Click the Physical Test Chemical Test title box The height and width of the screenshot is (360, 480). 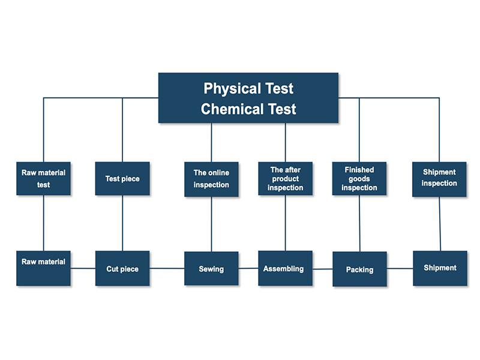[x=248, y=98]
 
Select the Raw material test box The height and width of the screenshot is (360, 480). [x=44, y=178]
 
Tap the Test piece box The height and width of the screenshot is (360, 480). [x=122, y=178]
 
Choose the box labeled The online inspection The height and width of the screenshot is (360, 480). [x=211, y=179]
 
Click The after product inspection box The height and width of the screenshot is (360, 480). [x=285, y=179]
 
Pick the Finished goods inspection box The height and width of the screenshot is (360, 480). [x=359, y=179]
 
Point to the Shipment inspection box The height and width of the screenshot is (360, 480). [x=439, y=179]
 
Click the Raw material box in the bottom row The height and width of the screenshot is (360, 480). [x=44, y=268]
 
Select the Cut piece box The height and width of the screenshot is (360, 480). [x=122, y=268]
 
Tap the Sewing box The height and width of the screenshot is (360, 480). [x=211, y=268]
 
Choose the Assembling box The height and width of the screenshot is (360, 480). [x=285, y=268]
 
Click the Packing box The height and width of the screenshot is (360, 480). [x=359, y=269]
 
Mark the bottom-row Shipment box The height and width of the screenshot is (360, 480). [x=440, y=268]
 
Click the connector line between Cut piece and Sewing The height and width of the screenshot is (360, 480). [x=167, y=268]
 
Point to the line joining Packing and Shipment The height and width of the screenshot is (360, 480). [x=400, y=269]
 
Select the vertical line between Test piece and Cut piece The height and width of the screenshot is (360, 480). [x=122, y=223]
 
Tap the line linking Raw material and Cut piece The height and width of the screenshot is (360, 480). [x=83, y=268]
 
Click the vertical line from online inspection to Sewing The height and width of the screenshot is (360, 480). [x=211, y=224]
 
